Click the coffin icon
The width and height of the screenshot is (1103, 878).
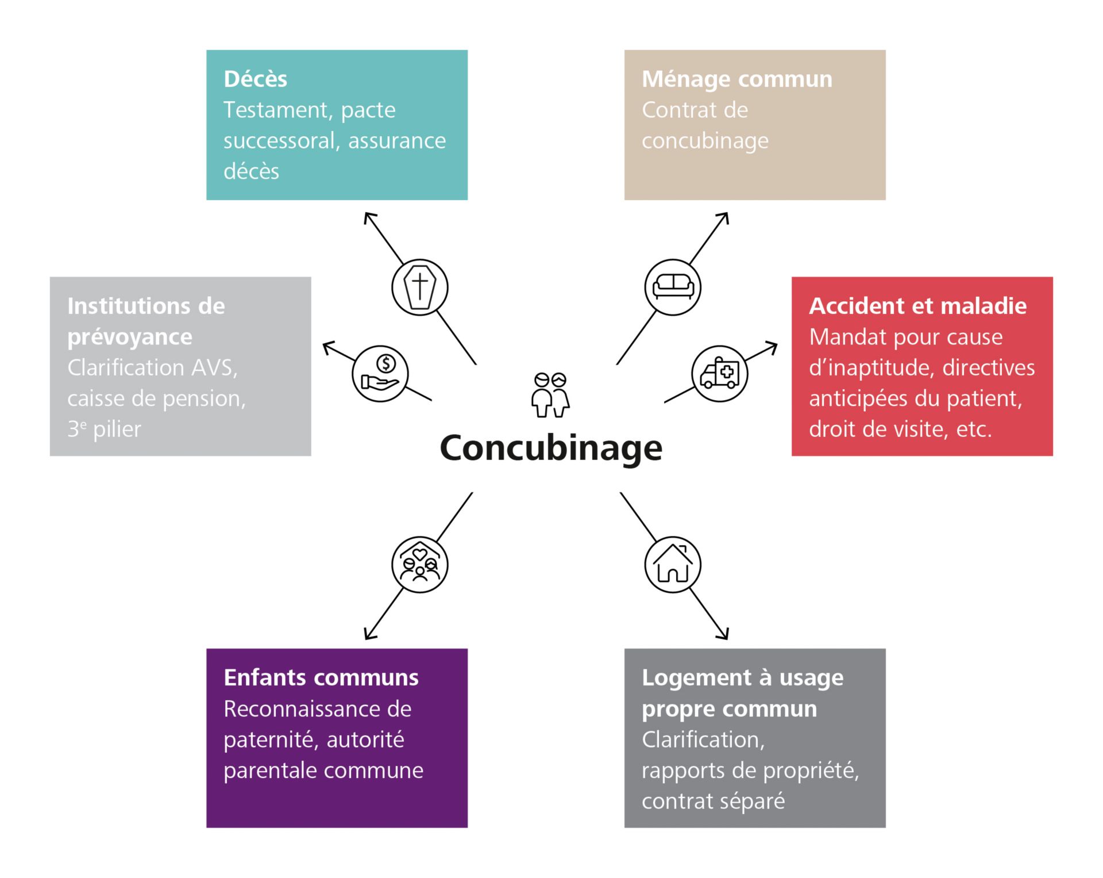coord(420,287)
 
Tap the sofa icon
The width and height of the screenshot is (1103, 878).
coord(673,287)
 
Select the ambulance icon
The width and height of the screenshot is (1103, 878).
coord(719,374)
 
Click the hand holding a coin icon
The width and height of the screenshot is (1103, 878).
coord(380,374)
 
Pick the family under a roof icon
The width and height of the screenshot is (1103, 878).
coord(420,565)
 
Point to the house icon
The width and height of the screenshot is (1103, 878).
coord(673,565)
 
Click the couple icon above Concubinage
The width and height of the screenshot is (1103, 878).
coord(550,394)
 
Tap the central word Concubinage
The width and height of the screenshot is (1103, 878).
coord(551,448)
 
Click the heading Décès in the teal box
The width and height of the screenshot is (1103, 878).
coord(255,79)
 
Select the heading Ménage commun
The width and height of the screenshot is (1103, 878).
coord(736,79)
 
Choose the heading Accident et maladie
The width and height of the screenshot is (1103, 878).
coord(917,306)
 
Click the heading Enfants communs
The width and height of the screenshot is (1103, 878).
coord(321,678)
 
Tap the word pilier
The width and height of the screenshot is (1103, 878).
coord(117,430)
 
